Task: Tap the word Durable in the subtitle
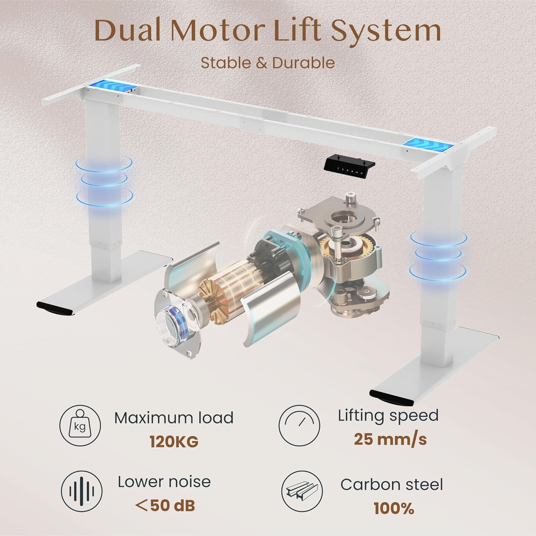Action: point(303,63)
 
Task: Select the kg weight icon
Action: point(80,426)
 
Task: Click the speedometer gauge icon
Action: point(299,426)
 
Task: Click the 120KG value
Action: point(174,442)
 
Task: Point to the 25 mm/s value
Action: point(390,439)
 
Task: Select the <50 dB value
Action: point(165,506)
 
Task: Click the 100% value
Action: point(394,508)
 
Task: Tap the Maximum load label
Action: point(174,418)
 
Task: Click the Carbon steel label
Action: point(392,485)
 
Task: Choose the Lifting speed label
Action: point(388,415)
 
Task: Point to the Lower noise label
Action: point(164,482)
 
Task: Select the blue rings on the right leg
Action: point(439,254)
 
